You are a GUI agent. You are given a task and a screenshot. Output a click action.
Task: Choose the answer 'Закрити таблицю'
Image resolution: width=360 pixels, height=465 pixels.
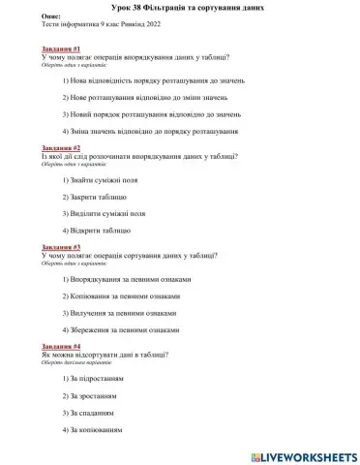tap(97, 198)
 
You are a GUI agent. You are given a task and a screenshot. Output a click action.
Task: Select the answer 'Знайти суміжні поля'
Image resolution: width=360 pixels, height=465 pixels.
tap(105, 181)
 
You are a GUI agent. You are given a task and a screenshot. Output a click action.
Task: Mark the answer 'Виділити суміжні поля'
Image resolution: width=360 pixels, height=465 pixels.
tap(107, 213)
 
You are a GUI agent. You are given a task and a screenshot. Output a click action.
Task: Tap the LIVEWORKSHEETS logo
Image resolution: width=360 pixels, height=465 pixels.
tap(303, 454)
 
